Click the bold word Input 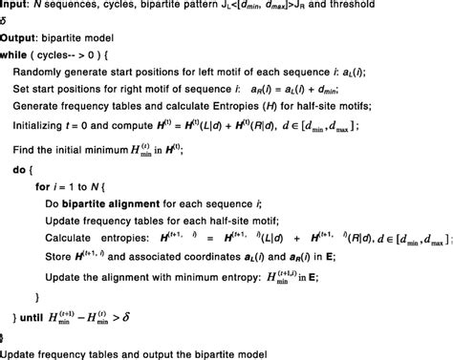point(14,8)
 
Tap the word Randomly point(43,74)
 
